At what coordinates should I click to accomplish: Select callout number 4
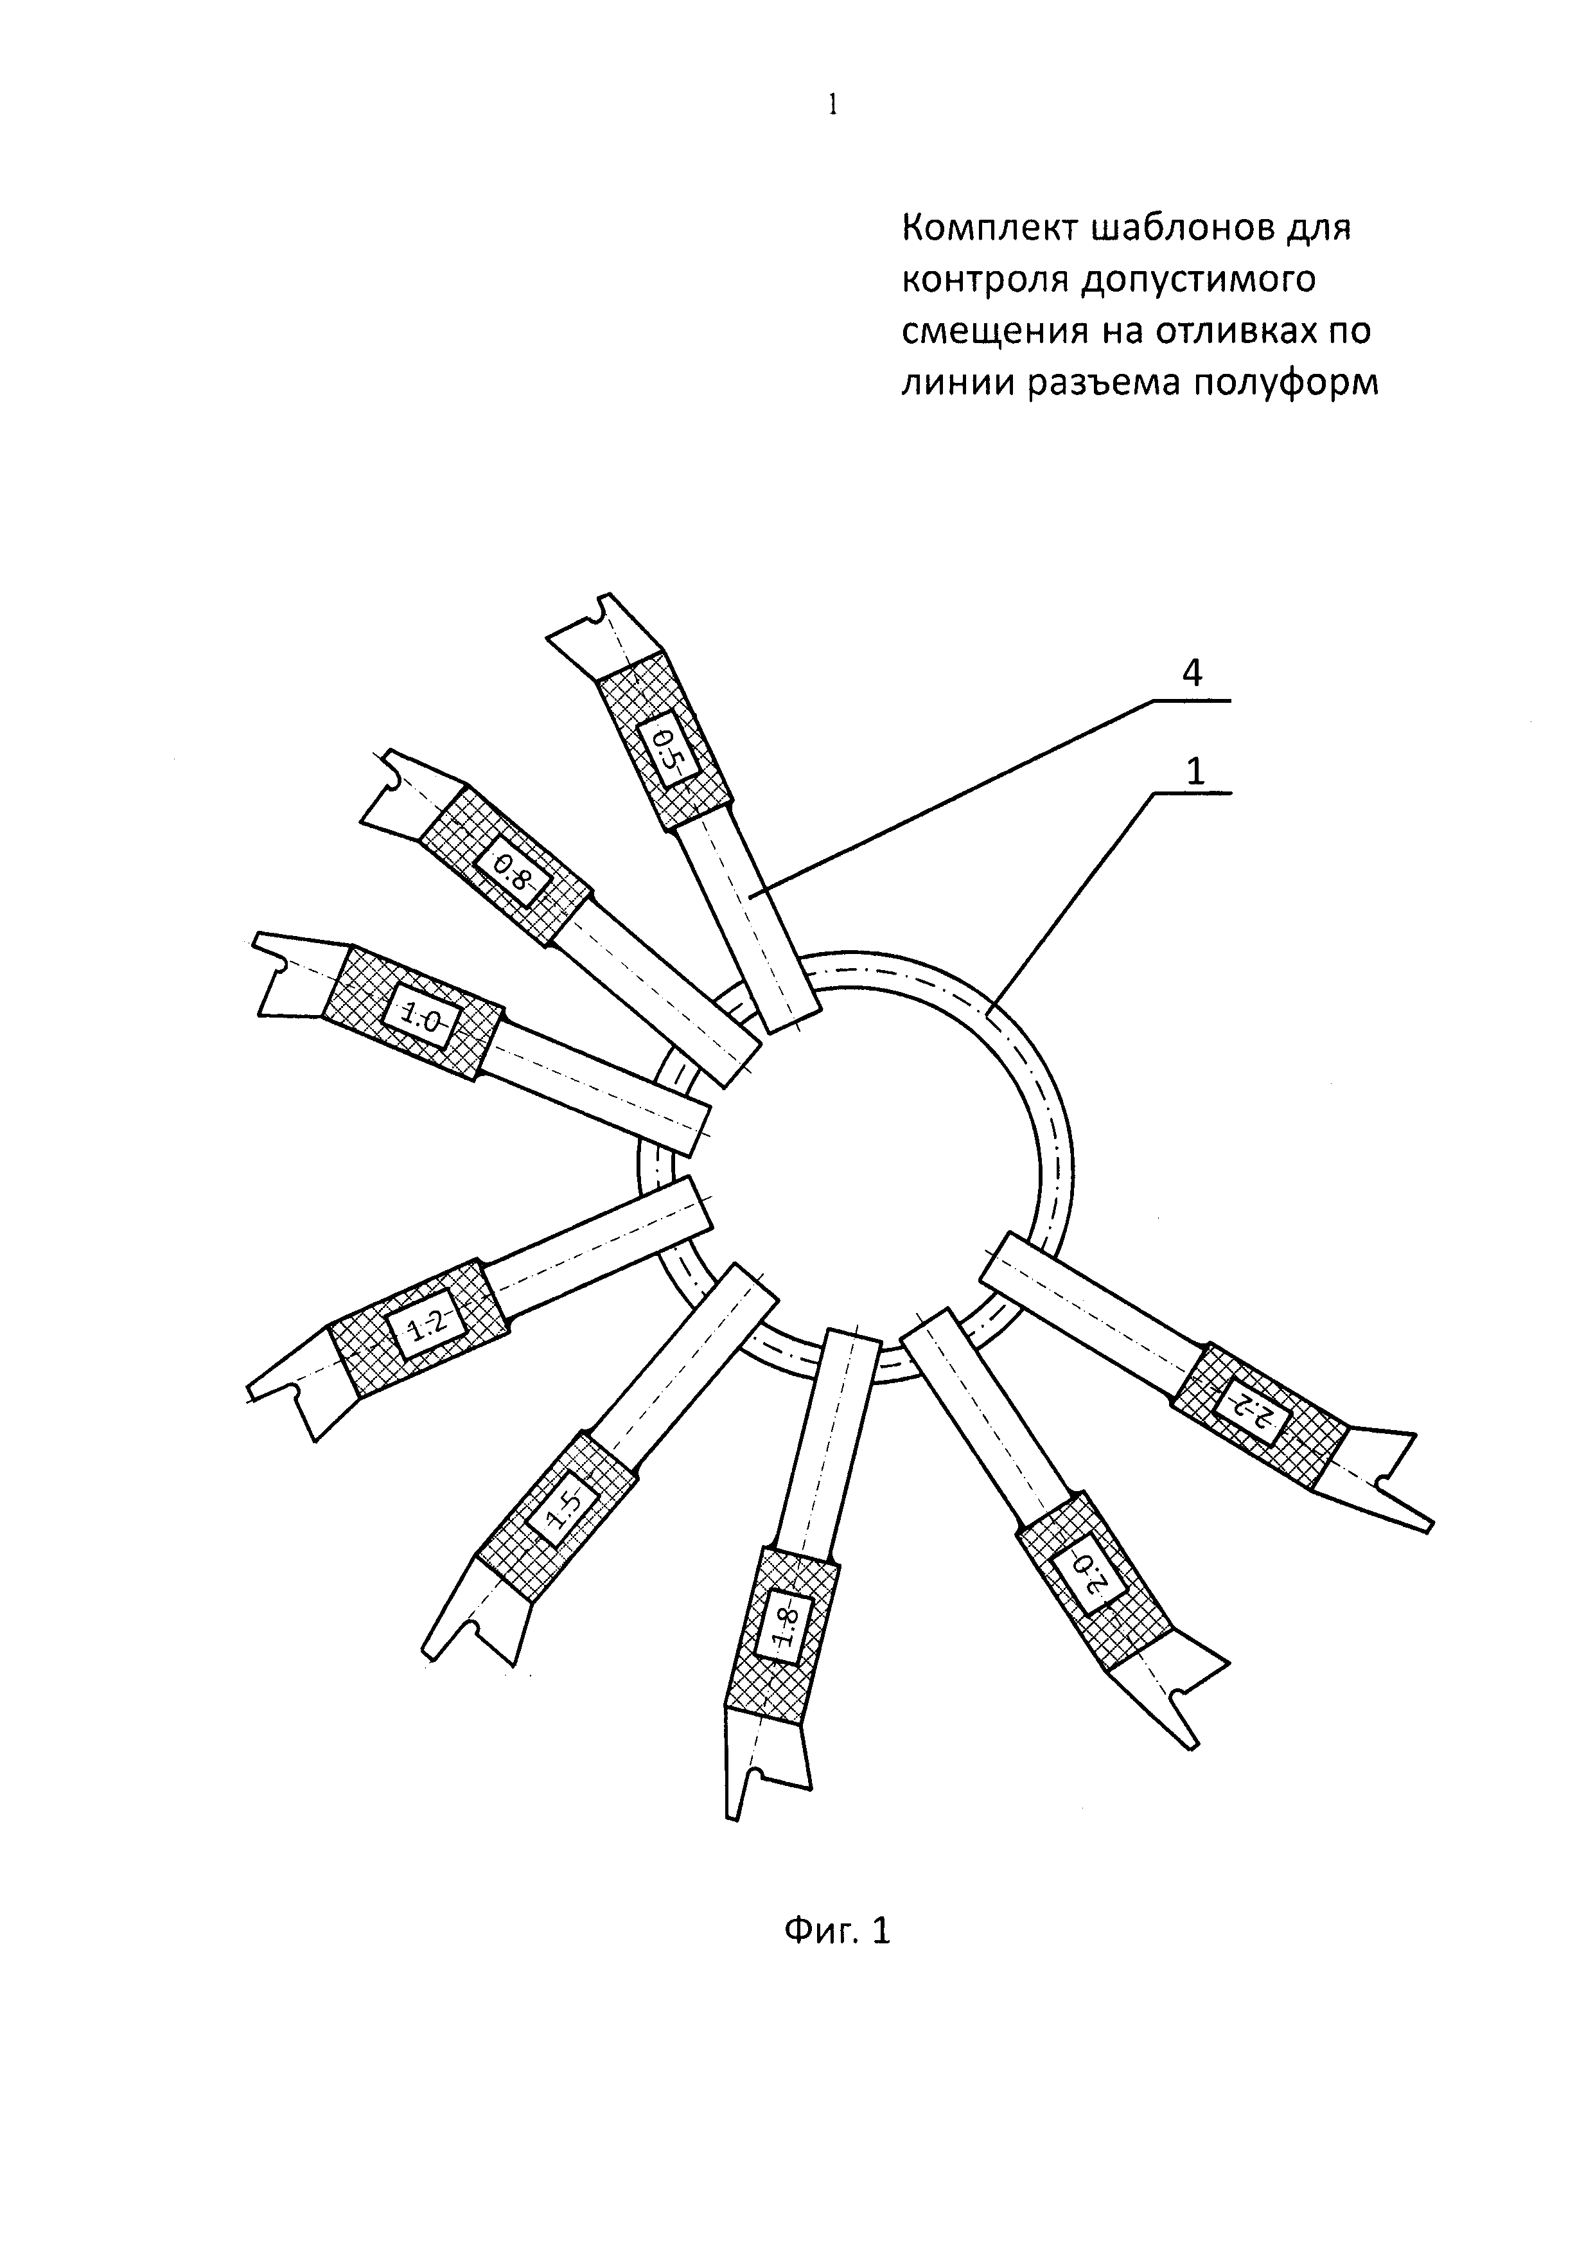[1192, 673]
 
